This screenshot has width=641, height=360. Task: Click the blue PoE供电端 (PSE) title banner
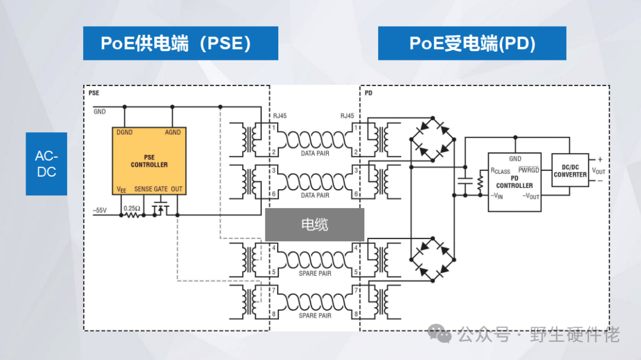[180, 43]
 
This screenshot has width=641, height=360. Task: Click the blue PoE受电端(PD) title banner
[472, 43]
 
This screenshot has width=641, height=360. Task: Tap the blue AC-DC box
[46, 164]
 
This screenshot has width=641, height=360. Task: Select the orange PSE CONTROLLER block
[148, 161]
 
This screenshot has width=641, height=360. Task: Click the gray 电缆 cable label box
[314, 225]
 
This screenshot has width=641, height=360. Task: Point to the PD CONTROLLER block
[514, 177]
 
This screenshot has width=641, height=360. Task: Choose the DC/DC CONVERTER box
[570, 171]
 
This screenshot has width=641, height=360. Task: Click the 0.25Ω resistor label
[131, 208]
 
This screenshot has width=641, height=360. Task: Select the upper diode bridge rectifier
[432, 139]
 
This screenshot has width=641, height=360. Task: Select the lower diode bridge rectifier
[432, 260]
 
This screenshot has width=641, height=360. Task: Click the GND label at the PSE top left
[99, 111]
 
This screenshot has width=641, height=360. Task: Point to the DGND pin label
[125, 132]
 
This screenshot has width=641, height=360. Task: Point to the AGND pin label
[173, 132]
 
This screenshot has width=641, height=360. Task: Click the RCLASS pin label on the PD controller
[500, 171]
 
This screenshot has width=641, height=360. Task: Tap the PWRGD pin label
[528, 171]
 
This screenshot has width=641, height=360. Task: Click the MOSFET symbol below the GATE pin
[159, 209]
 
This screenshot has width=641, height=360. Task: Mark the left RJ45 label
[280, 116]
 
